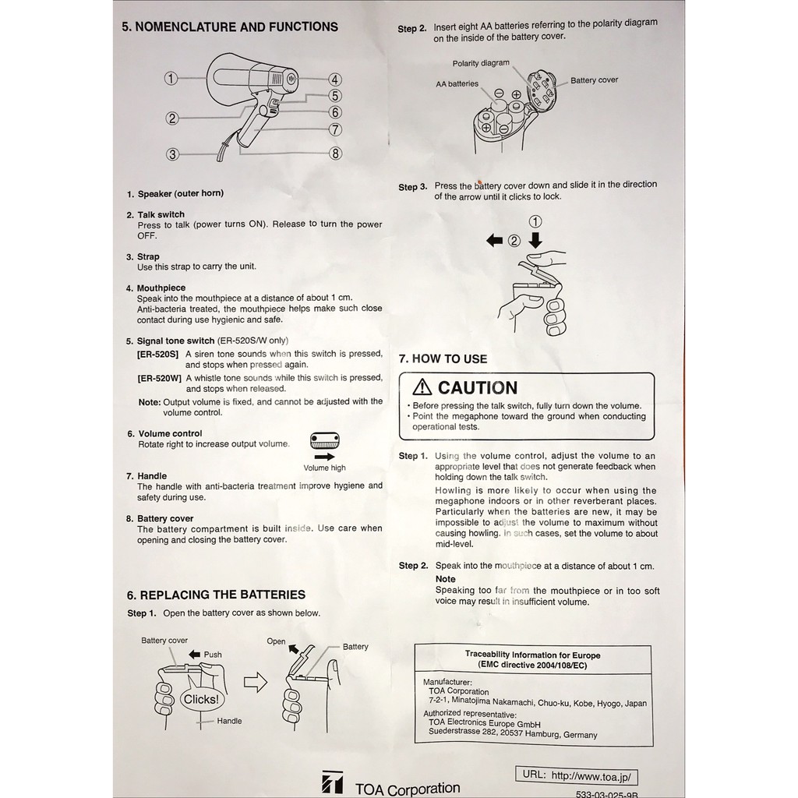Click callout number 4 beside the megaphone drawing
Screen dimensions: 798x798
coord(334,80)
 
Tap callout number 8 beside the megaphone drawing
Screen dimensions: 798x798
coord(335,154)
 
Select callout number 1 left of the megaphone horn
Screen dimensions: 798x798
coord(171,79)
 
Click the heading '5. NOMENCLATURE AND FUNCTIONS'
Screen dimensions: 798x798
coord(230,27)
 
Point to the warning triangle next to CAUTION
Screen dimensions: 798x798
coord(422,387)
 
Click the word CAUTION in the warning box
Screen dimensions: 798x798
coord(478,388)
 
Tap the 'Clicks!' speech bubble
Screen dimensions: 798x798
coord(201,699)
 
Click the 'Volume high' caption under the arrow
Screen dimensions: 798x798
coord(324,468)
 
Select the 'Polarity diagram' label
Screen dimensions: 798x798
coord(481,63)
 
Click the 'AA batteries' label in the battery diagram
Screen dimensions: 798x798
coord(457,84)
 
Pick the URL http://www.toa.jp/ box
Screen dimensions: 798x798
coord(576,776)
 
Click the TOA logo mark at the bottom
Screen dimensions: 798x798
coord(332,782)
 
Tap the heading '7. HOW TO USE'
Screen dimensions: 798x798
coord(443,358)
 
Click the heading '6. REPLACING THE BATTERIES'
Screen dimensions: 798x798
coord(216,595)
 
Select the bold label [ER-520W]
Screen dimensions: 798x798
coord(159,378)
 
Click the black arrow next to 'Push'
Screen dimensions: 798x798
coord(194,655)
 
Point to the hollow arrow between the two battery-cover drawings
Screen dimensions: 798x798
coord(256,682)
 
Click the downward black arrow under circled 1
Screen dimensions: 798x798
coord(535,240)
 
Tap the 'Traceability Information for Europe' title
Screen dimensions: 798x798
coord(533,655)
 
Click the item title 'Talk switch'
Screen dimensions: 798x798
coord(161,215)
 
